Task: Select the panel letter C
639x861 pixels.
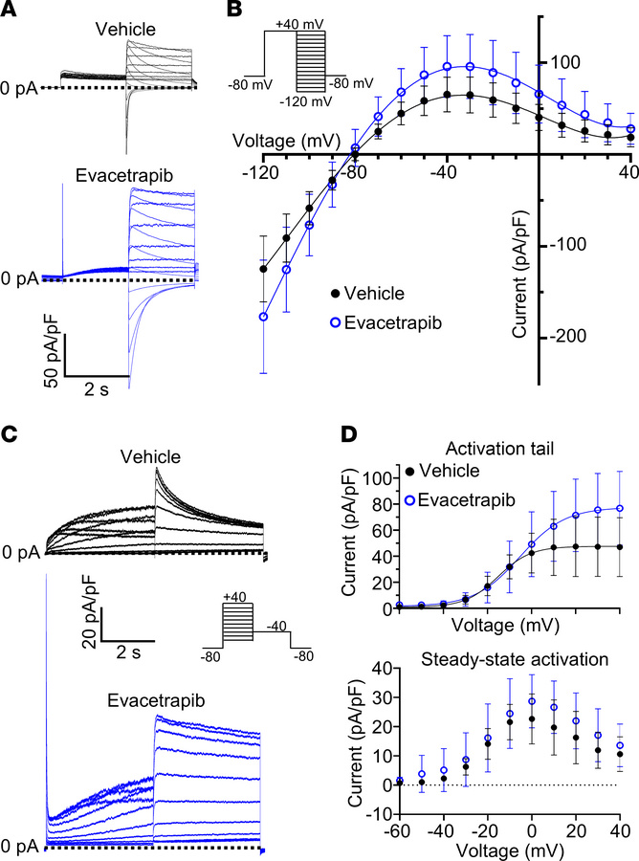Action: pos(11,434)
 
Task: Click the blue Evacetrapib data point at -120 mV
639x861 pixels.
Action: pos(262,317)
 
